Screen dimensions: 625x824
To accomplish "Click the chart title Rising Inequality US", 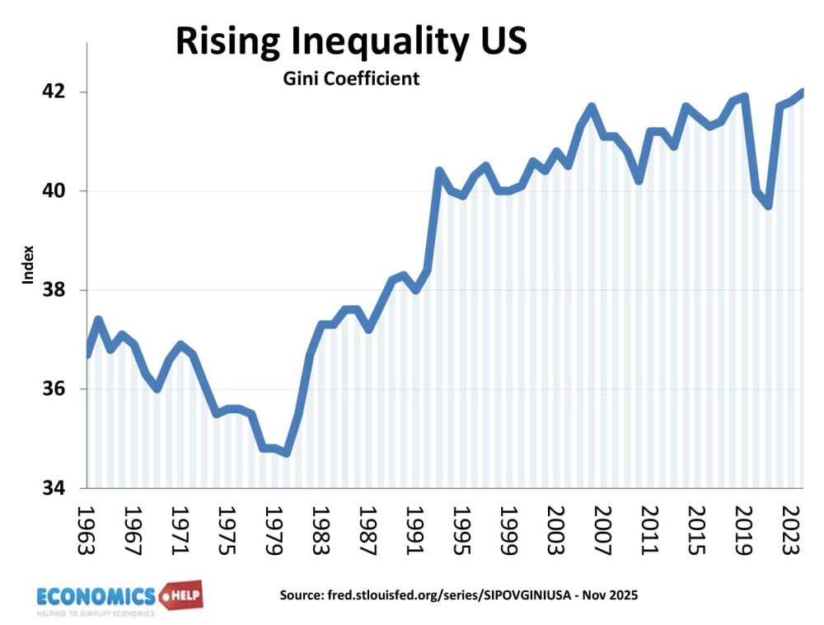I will [350, 41].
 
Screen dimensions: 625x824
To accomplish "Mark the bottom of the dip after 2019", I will [768, 206].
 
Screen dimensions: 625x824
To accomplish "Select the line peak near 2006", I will [591, 106].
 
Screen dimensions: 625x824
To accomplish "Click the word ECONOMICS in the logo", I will [96, 595].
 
